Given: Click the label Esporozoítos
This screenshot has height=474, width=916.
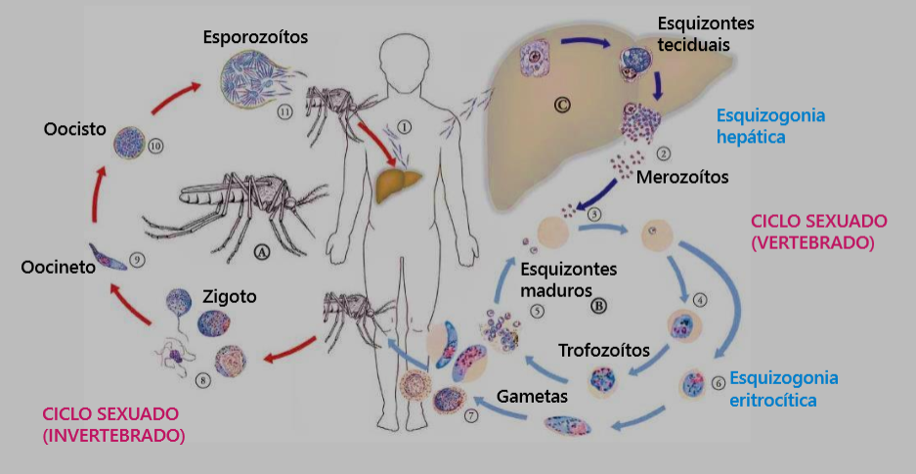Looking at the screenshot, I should coord(255,38).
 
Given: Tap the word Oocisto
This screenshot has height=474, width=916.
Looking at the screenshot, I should coord(74,128).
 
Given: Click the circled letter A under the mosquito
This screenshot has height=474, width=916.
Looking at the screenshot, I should coord(261,251).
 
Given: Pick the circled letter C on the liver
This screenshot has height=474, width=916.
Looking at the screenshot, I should coord(561,106).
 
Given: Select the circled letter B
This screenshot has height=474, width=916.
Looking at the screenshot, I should coord(599,306).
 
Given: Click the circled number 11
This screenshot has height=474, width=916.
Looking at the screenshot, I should coord(284,109).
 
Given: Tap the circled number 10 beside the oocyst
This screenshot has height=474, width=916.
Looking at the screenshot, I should coord(154,146).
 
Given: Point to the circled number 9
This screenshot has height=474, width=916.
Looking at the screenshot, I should coord(137,259).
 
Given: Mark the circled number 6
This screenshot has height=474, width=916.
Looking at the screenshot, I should coord(719,383).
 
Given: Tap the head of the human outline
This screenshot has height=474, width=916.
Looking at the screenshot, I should coord(400,54).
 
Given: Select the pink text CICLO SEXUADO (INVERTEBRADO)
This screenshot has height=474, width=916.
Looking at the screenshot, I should coord(113,425).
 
